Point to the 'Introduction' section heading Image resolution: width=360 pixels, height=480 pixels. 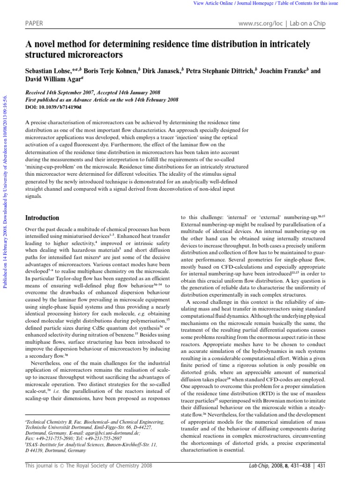[42, 218]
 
